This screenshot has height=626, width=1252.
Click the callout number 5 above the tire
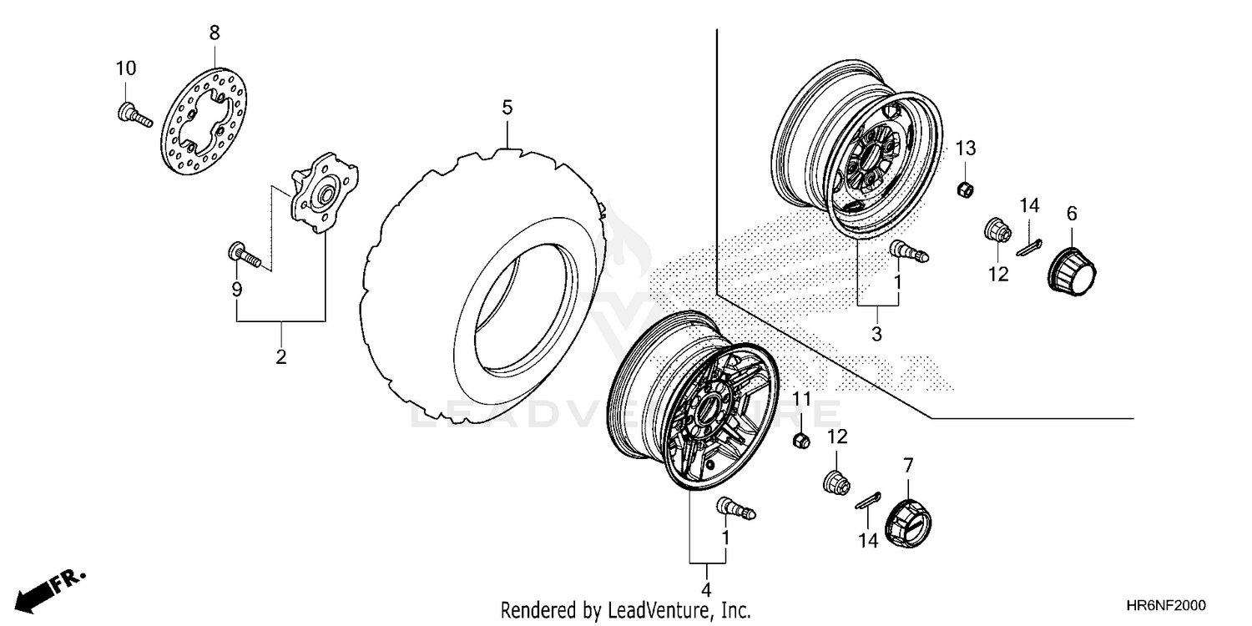tap(507, 108)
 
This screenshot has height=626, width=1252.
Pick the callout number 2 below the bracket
tap(281, 357)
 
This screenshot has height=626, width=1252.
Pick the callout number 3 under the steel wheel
tap(877, 335)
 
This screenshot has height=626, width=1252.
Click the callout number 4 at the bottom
tap(707, 573)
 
